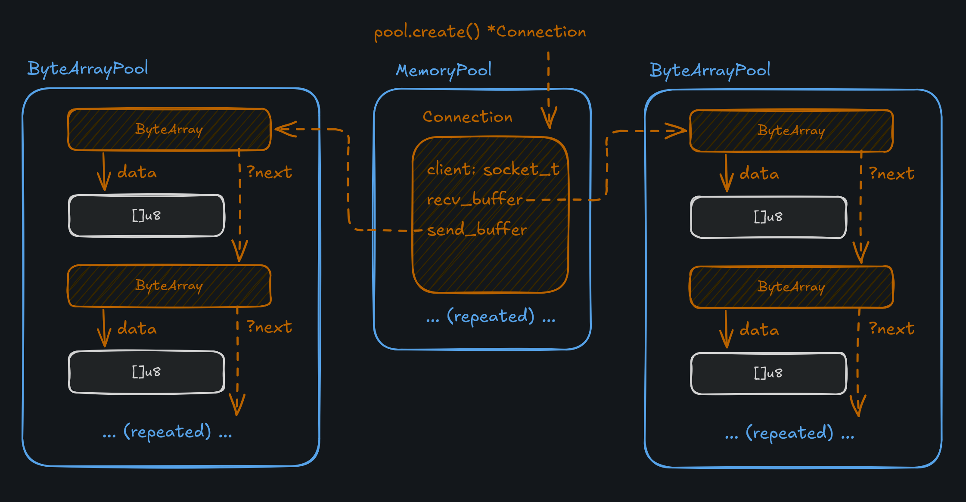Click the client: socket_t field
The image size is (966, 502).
pyautogui.click(x=493, y=170)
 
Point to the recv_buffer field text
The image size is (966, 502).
pyautogui.click(x=474, y=200)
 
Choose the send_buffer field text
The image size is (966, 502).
pyautogui.click(x=477, y=230)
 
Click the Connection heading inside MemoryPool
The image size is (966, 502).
pyautogui.click(x=467, y=117)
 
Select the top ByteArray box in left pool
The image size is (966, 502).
pyautogui.click(x=169, y=129)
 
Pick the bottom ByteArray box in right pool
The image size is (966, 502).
pyautogui.click(x=791, y=287)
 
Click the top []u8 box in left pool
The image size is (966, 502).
pyautogui.click(x=146, y=215)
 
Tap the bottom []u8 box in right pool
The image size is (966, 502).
pyautogui.click(x=768, y=373)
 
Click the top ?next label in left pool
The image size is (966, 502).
pyautogui.click(x=269, y=173)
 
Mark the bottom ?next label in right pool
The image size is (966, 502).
pyautogui.click(x=891, y=329)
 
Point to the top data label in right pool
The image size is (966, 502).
pyautogui.click(x=759, y=174)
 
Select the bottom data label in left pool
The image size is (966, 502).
pyautogui.click(x=137, y=329)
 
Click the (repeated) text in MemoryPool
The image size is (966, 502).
pyautogui.click(x=491, y=317)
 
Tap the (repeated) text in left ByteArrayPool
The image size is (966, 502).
pyautogui.click(x=167, y=432)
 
